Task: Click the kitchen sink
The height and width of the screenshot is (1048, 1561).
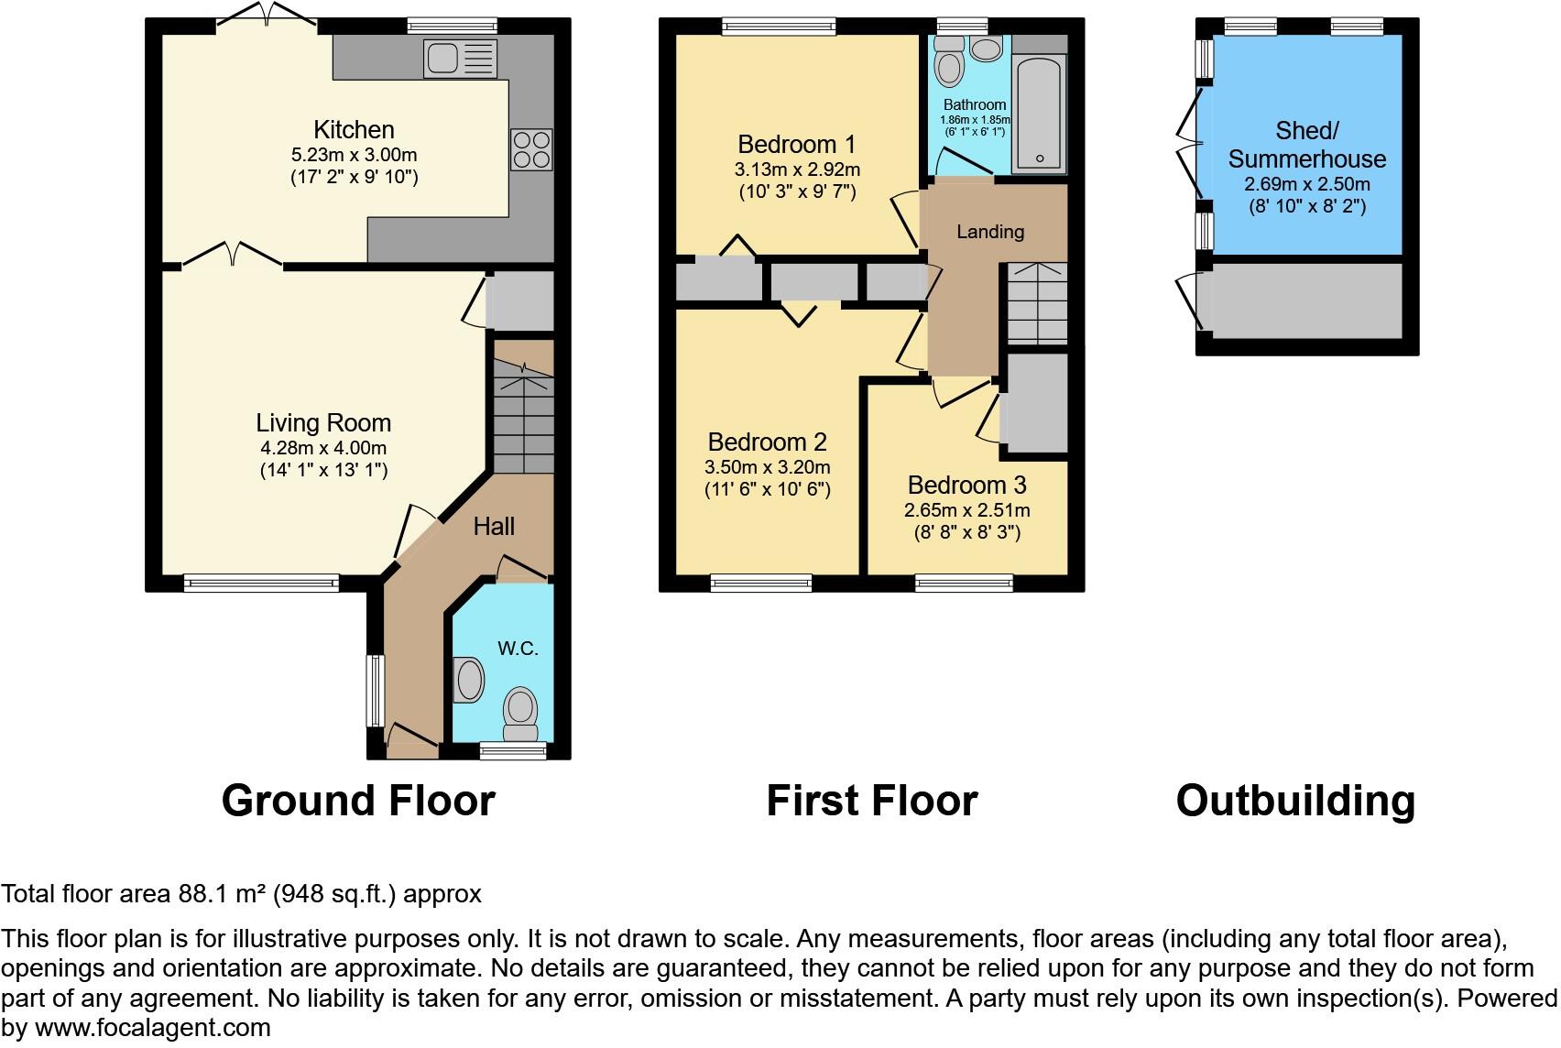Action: click(x=461, y=59)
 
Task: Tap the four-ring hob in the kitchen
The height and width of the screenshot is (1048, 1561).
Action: click(x=531, y=149)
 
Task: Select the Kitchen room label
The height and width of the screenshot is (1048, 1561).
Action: click(x=354, y=130)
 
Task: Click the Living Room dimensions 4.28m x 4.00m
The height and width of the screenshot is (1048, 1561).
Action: click(x=323, y=448)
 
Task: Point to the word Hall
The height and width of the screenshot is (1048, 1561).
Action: click(x=494, y=526)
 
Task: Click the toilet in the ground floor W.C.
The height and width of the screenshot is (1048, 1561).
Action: click(x=521, y=712)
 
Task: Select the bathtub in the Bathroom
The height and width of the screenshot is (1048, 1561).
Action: click(x=1040, y=114)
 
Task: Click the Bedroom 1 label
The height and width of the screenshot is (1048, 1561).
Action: click(x=796, y=144)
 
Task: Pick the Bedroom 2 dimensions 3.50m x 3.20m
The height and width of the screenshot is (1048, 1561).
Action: click(x=768, y=467)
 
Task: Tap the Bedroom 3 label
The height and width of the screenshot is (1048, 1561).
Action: click(x=966, y=485)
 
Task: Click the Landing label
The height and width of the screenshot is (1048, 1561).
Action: click(x=989, y=232)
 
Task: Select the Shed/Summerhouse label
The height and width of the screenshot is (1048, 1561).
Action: click(x=1307, y=145)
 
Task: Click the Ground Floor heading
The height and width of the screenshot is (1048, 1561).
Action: click(x=358, y=801)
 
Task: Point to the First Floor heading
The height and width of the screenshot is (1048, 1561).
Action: click(x=871, y=801)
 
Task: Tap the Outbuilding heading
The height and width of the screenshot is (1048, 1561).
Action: click(x=1295, y=801)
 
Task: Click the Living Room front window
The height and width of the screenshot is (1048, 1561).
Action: click(x=261, y=582)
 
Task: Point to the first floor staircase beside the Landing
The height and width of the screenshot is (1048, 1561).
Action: click(x=1037, y=303)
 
